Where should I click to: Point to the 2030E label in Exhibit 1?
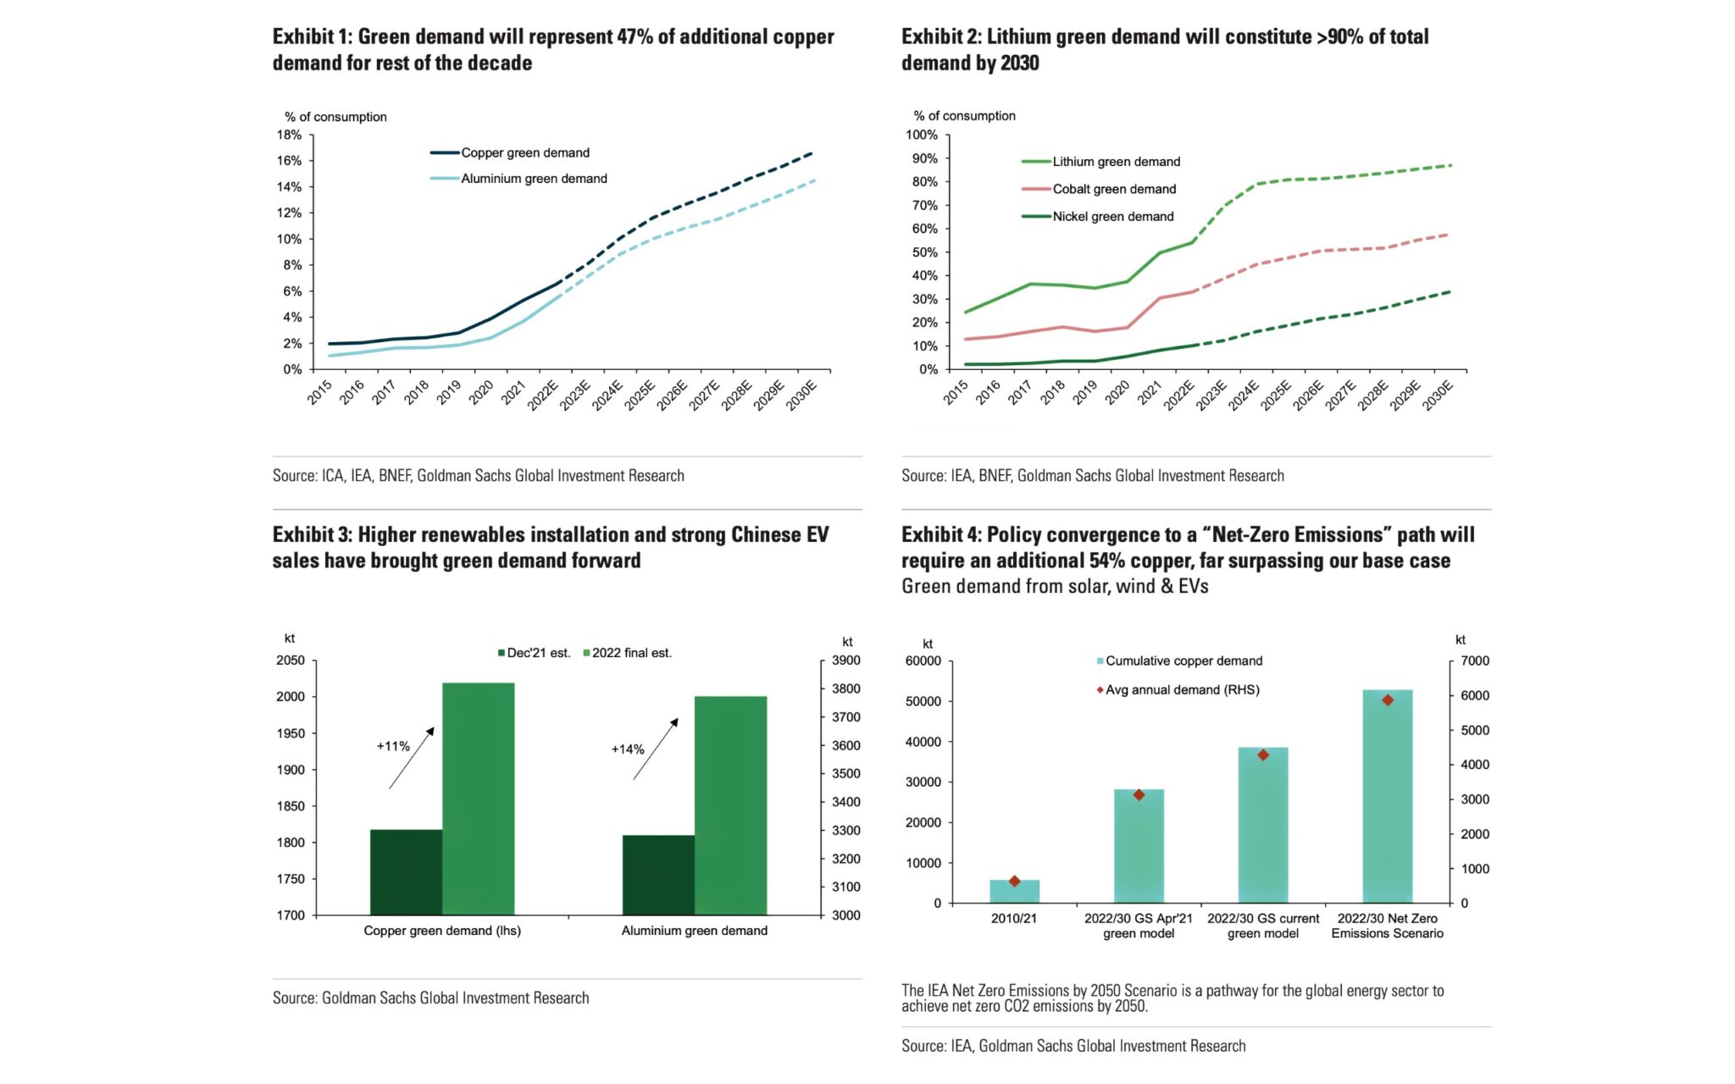pyautogui.click(x=802, y=395)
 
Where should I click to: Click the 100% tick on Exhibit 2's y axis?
pyautogui.click(x=922, y=135)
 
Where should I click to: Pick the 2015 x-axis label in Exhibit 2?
pyautogui.click(x=956, y=392)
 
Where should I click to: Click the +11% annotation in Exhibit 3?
pyautogui.click(x=393, y=746)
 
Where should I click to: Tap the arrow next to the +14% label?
pyautogui.click(x=656, y=749)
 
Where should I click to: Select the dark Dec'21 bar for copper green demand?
pyautogui.click(x=406, y=872)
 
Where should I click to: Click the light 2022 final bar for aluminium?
pyautogui.click(x=730, y=805)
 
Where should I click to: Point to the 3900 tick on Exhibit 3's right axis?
pyautogui.click(x=845, y=661)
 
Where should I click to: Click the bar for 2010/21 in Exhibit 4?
pyautogui.click(x=1014, y=892)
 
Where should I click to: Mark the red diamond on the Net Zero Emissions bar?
pyautogui.click(x=1388, y=700)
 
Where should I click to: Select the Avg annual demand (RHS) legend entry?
pyautogui.click(x=1181, y=690)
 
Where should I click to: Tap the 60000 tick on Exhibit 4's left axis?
pyautogui.click(x=923, y=661)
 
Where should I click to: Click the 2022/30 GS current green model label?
pyautogui.click(x=1262, y=926)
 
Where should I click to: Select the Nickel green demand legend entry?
pyautogui.click(x=1112, y=217)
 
